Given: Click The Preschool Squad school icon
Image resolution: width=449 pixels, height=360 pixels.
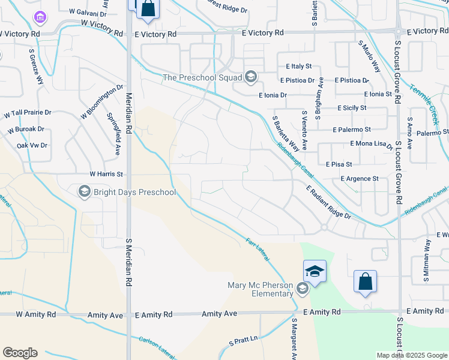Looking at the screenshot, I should tap(250, 77).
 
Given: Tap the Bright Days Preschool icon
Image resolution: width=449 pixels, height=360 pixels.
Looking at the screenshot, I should tap(84, 192).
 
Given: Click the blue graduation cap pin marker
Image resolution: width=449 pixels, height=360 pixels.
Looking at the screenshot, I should tap(315, 272).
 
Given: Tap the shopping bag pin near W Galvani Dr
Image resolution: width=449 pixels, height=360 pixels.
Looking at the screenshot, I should tap(148, 9).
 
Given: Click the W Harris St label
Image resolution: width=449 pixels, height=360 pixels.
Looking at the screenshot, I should tap(106, 174).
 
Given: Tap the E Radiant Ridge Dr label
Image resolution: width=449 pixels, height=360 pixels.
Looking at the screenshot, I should tap(328, 202).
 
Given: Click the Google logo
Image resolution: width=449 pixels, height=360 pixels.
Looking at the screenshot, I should tap(20, 353).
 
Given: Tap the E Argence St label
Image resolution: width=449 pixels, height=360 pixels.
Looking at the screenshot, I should tap(360, 179).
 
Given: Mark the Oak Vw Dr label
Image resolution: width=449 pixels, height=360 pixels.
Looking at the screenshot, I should tap(32, 145).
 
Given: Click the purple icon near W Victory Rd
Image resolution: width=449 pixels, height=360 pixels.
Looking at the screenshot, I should tap(40, 18).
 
